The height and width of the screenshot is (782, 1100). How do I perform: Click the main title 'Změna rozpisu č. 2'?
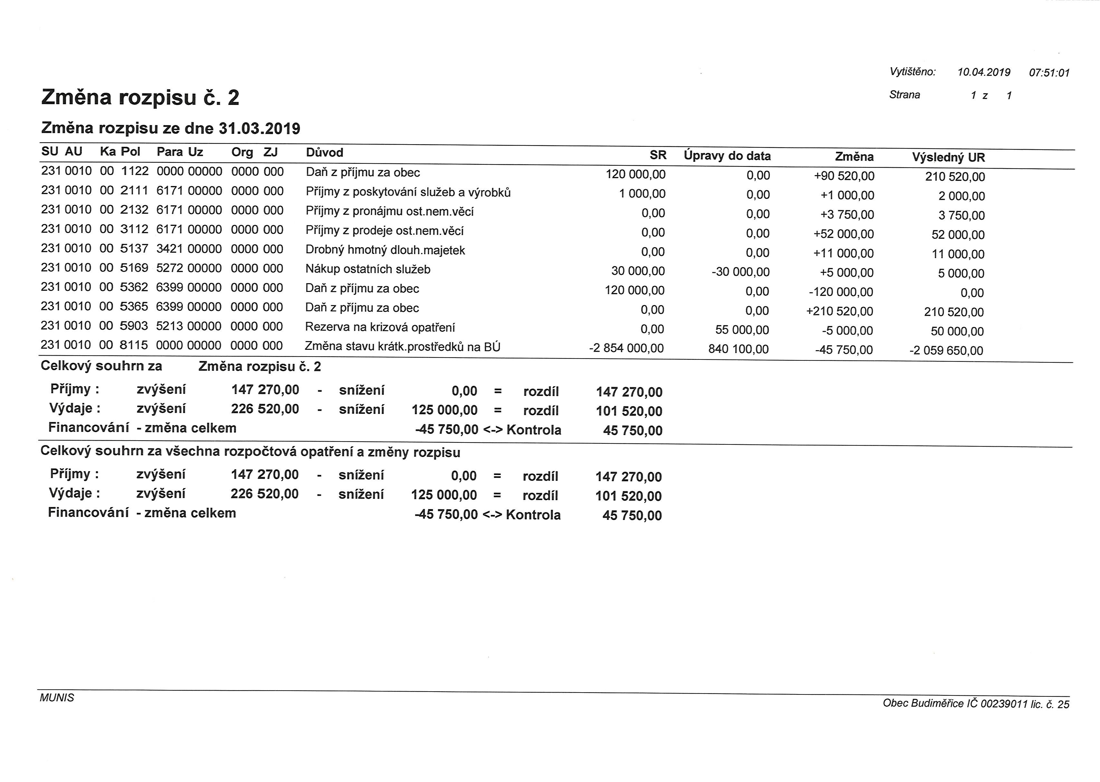pos(140,98)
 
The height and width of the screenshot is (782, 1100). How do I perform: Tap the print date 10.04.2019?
pos(983,72)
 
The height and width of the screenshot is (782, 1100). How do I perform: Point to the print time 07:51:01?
pos(1049,73)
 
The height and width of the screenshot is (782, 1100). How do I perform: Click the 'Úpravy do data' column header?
pos(727,156)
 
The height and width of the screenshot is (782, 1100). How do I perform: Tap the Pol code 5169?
pos(134,268)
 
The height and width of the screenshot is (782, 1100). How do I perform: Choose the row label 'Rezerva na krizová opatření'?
pos(380,327)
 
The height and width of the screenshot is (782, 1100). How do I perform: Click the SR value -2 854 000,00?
pos(626,348)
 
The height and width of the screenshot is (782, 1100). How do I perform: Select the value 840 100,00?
pos(738,349)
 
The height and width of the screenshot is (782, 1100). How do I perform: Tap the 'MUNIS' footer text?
pos(57,698)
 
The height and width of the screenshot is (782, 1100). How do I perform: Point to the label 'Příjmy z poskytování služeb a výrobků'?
pos(408,193)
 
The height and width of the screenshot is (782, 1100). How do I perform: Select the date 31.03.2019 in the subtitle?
pos(259,129)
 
